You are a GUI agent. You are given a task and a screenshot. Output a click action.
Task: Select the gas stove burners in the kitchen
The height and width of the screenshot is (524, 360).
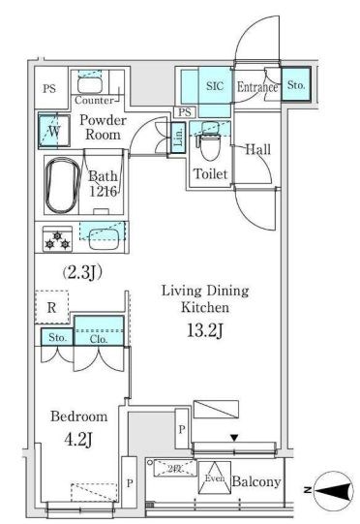pos(54,238)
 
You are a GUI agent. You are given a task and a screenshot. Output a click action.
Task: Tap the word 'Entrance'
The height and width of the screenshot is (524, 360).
pos(257,87)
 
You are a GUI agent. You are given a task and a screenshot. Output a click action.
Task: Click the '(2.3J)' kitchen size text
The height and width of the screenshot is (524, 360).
pos(82,273)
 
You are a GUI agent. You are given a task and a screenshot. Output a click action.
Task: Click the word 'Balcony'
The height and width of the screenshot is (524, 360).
pos(256,481)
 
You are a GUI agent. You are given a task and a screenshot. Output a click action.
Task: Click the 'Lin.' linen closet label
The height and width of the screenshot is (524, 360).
pos(178,139)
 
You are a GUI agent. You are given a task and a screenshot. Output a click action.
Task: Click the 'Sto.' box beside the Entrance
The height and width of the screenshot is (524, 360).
pos(296,86)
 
